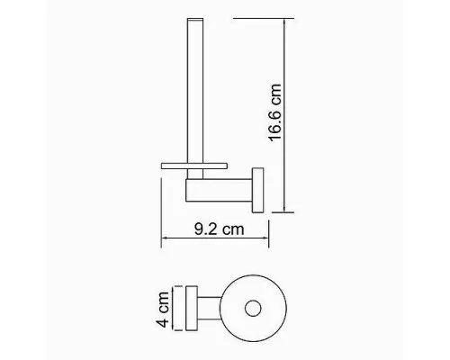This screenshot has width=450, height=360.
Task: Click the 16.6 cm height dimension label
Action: coord(275,112)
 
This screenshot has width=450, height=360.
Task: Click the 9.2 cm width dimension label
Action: coord(219,229)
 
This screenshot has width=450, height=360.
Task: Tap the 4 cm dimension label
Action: coord(163,309)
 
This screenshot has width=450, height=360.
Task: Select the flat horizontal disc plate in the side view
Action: coord(194,166)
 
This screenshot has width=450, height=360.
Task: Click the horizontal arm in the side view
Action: coord(219,190)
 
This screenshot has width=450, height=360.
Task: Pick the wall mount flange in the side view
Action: coord(257,190)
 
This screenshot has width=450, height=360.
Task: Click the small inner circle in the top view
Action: coord(253,308)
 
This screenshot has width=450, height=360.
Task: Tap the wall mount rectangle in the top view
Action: coord(192,309)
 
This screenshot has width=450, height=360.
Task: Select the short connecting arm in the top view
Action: coord(209,309)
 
